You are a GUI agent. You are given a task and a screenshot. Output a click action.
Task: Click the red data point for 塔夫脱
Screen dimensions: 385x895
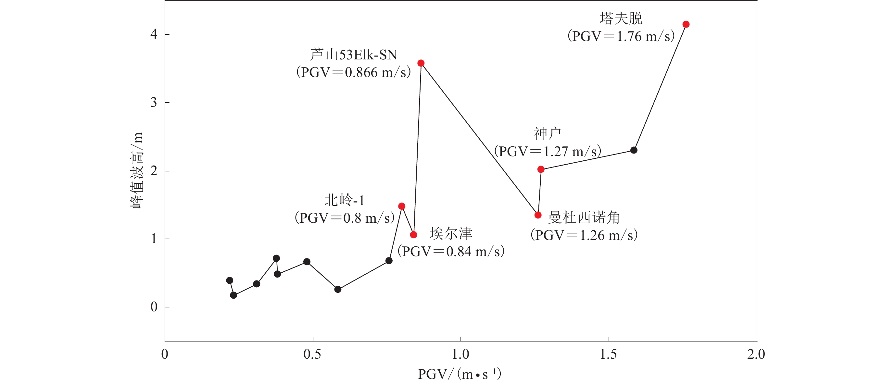(686, 24)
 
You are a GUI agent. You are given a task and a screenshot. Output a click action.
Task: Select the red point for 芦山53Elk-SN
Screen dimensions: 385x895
(421, 63)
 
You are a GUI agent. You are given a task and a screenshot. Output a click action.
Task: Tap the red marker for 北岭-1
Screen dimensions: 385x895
(402, 206)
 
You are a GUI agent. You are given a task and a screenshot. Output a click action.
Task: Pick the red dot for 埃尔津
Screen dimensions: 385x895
(413, 235)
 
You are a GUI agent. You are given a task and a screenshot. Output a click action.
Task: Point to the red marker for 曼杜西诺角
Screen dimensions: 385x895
(538, 215)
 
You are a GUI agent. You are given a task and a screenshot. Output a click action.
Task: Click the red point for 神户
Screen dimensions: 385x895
(541, 169)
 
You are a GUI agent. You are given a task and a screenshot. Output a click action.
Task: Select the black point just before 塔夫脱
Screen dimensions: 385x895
(634, 150)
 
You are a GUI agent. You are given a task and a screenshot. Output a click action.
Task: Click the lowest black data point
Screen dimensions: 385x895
(233, 295)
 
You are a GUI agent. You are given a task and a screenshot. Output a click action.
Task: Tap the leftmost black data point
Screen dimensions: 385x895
(229, 280)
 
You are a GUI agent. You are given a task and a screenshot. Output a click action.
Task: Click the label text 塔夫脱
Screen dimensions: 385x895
(621, 19)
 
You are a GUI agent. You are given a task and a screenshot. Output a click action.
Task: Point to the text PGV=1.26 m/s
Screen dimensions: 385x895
(584, 235)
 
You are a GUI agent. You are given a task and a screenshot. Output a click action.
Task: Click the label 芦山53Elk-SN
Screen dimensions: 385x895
(353, 55)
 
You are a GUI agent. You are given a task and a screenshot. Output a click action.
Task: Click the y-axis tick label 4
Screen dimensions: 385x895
(154, 34)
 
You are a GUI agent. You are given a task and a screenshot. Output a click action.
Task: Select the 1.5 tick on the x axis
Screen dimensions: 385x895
(608, 354)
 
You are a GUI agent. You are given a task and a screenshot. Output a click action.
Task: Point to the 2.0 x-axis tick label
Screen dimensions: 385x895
(756, 354)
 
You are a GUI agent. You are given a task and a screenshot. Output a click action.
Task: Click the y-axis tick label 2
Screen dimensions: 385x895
(154, 171)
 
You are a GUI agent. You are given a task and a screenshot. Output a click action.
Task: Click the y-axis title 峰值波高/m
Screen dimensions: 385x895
(136, 170)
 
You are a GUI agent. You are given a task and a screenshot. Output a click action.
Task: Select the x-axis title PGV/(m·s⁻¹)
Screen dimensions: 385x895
(459, 374)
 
